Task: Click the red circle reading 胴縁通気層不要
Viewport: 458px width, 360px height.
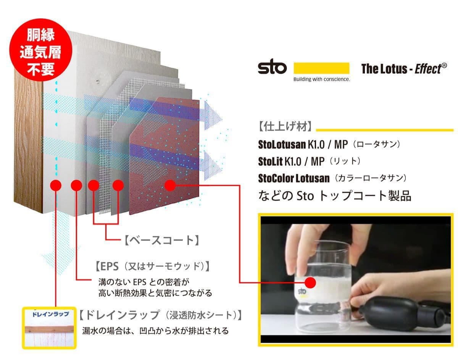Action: pos(41,53)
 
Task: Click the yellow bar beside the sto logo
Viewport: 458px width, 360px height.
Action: pos(321,68)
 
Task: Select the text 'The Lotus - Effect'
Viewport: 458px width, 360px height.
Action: pos(404,69)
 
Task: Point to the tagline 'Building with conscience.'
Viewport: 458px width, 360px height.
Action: pos(322,79)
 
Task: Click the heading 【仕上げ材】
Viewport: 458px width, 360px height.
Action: pos(285,126)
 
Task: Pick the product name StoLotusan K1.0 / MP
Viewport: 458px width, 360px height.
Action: pos(303,145)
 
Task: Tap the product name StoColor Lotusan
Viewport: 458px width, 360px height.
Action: pos(294,178)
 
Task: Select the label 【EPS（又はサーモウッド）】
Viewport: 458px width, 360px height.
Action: pos(153,266)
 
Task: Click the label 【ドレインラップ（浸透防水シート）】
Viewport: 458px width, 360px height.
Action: pos(161,315)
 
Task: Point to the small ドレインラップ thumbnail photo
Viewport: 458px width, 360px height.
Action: pos(49,328)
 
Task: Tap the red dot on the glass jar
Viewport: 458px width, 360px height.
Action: pos(310,283)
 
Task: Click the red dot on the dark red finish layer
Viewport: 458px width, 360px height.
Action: pos(170,186)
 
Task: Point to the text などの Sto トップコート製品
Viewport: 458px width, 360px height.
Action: pos(335,195)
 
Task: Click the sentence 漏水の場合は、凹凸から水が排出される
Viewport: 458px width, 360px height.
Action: pos(155,331)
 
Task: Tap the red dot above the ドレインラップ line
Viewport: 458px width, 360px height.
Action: pos(56,186)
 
